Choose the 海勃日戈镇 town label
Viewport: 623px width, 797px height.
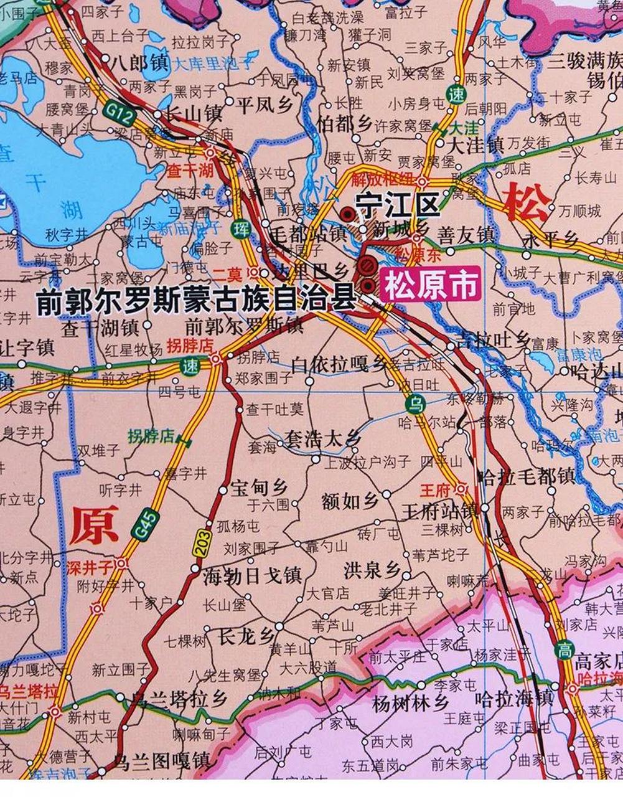[x=252, y=575]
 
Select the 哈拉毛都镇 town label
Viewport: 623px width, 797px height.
[x=527, y=476]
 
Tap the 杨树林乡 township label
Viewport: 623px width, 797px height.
[x=410, y=703]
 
